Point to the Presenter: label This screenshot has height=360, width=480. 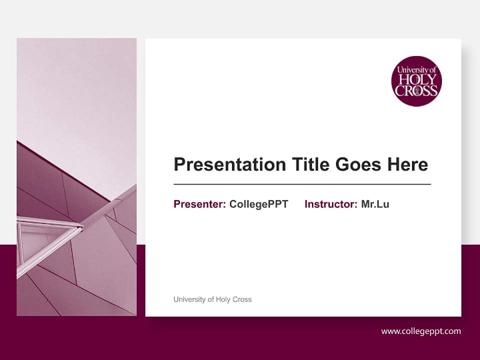[x=199, y=204]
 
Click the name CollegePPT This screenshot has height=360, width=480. [x=258, y=204]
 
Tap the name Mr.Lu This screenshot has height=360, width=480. [x=375, y=204]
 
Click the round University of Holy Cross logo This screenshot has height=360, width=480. [x=416, y=81]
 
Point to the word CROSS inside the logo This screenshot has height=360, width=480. [x=416, y=90]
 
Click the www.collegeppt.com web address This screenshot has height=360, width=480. [x=421, y=331]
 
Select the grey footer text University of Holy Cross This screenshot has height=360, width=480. [x=212, y=299]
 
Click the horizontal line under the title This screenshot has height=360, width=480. [x=302, y=184]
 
